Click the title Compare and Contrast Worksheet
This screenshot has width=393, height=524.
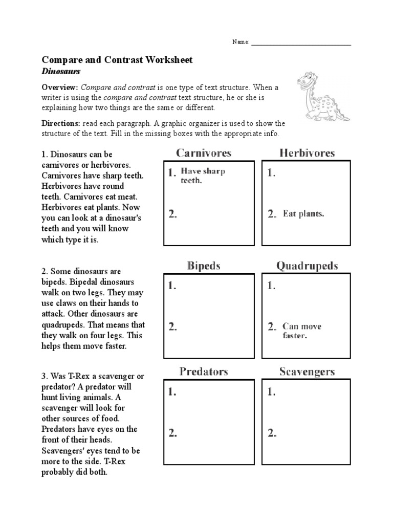117,60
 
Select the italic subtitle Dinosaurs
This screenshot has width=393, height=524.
61,72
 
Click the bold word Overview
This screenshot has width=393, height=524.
59,88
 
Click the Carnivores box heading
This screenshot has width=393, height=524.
204,152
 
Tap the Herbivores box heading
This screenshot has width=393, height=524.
307,152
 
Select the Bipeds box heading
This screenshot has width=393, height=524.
204,266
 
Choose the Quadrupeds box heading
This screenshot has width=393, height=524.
307,266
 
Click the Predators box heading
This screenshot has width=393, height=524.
204,372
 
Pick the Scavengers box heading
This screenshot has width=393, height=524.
307,372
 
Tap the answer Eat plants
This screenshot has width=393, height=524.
303,214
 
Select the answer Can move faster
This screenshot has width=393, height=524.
302,331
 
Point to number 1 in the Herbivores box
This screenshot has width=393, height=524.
271,173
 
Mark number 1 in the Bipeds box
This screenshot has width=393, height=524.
173,286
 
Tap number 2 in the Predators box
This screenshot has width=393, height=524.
173,433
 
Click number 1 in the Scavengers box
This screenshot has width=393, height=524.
271,392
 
